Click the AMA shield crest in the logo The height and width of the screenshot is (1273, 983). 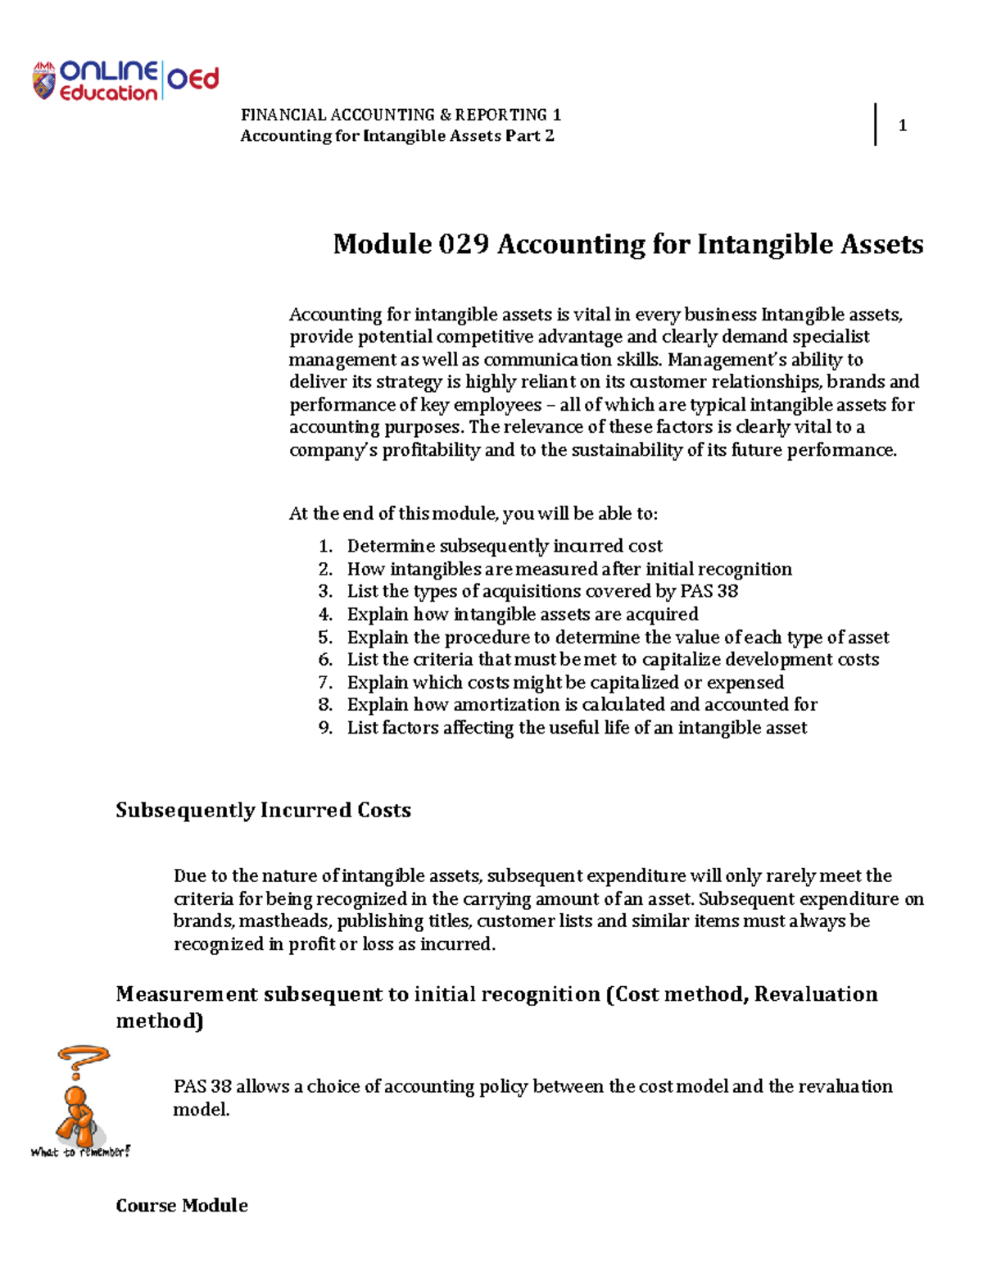pyautogui.click(x=43, y=81)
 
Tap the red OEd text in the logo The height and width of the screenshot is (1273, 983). pyautogui.click(x=193, y=80)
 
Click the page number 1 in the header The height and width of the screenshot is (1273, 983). pyautogui.click(x=902, y=125)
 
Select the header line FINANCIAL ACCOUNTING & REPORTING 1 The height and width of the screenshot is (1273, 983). pyautogui.click(x=401, y=115)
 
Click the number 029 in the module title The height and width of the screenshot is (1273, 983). pyautogui.click(x=464, y=244)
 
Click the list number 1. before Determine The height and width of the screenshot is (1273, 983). pyautogui.click(x=325, y=547)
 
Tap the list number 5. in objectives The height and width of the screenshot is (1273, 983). pyautogui.click(x=325, y=638)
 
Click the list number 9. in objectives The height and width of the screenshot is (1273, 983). pyautogui.click(x=325, y=728)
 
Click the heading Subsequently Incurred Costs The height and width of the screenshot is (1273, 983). pyautogui.click(x=263, y=810)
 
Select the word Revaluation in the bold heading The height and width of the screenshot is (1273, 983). pyautogui.click(x=815, y=994)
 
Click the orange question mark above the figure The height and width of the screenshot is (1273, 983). pyautogui.click(x=82, y=1061)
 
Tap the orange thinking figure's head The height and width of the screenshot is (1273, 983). pyautogui.click(x=76, y=1097)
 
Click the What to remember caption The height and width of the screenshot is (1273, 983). pyautogui.click(x=80, y=1153)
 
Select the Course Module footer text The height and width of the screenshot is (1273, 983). pyautogui.click(x=182, y=1205)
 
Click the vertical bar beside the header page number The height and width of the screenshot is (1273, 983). pyautogui.click(x=876, y=125)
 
